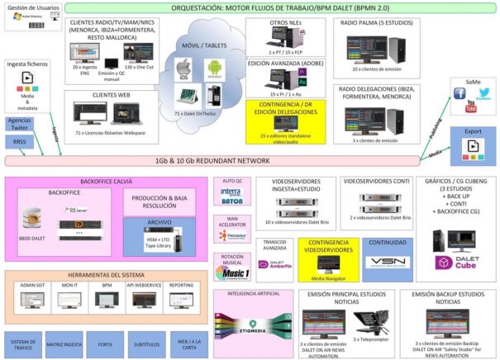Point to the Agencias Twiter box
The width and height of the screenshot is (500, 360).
tap(19, 123)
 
